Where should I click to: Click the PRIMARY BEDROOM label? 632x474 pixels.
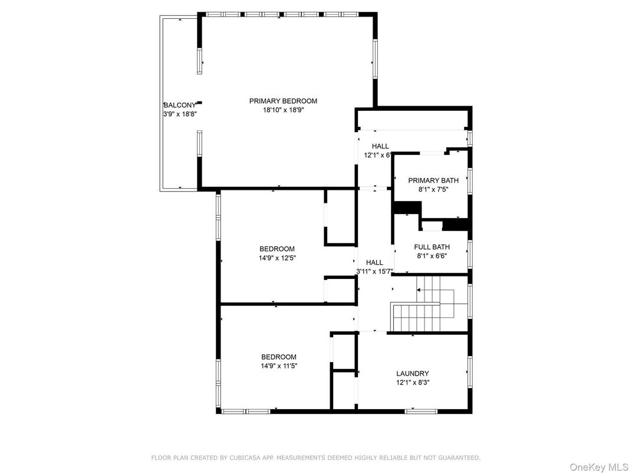pos(283,101)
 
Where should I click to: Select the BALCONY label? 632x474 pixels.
pos(179,105)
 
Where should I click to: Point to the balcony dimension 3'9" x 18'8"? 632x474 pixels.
pos(179,114)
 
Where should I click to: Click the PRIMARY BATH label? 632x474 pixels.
pos(433,180)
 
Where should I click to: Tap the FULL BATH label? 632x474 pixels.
pos(432,247)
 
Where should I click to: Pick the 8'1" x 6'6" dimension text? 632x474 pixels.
pos(432,256)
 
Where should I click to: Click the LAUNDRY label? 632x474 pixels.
pos(412,373)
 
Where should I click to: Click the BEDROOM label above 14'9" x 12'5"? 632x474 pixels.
pos(277,249)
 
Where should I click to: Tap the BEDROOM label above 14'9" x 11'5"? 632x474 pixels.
pos(279,357)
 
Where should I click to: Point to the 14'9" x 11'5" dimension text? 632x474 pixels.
pos(279,366)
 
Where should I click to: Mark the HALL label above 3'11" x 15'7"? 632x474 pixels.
pos(374,262)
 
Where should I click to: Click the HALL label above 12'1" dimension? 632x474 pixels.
pos(380,146)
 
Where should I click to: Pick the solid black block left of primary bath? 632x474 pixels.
pos(406,208)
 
